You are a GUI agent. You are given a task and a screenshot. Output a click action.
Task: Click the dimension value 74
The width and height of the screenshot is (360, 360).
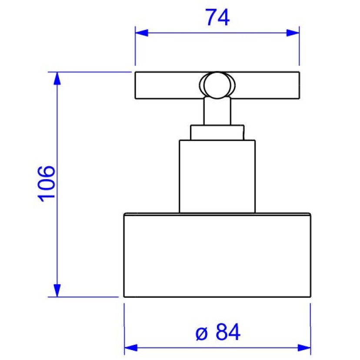pyautogui.click(x=217, y=18)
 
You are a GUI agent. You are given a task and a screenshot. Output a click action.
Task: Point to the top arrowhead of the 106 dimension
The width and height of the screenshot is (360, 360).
pyautogui.click(x=57, y=78)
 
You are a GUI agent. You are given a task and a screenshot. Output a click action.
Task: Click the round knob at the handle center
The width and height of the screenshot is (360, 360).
pyautogui.click(x=216, y=84)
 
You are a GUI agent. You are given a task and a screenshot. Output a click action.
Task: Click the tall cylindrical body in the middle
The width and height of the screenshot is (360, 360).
pyautogui.click(x=217, y=176)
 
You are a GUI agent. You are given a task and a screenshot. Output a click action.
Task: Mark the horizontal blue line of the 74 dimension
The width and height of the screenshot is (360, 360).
pyautogui.click(x=183, y=33)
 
